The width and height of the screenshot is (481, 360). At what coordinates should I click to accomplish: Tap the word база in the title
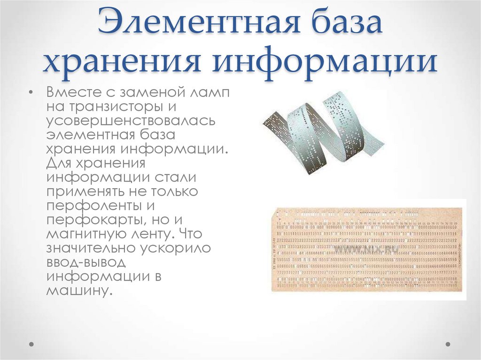coord(335,23)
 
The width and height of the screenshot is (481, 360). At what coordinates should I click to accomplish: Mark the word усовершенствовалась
coord(130,121)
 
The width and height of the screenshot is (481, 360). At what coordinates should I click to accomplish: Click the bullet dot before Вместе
coord(31,92)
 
